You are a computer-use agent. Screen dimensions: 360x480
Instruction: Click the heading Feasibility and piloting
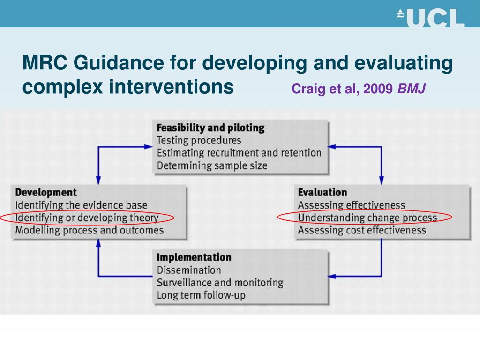[x=210, y=128]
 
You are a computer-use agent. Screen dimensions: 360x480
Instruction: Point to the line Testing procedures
[x=199, y=140]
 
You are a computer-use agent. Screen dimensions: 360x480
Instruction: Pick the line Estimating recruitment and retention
[x=239, y=153]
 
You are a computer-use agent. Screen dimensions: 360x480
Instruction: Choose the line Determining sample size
[x=212, y=165]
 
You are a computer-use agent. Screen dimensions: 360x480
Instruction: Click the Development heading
[x=46, y=192]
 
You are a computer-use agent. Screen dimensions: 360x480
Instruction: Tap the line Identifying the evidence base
[x=81, y=205]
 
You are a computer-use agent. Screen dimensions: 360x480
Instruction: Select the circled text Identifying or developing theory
[x=87, y=217]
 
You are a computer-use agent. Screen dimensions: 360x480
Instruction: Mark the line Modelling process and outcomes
[x=90, y=230]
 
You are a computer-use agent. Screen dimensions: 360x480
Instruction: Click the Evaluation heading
[x=322, y=192]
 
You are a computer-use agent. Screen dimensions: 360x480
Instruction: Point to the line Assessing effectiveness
[x=352, y=205]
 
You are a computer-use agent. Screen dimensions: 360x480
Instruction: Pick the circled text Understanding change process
[x=367, y=217]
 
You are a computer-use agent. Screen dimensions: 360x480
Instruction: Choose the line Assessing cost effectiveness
[x=362, y=230]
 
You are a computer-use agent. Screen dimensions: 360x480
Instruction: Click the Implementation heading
[x=194, y=257]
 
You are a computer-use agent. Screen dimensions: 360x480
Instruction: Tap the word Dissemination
[x=189, y=270]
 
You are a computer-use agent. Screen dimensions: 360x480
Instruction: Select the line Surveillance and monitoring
[x=220, y=283]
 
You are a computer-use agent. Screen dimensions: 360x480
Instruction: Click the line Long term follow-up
[x=201, y=295]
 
